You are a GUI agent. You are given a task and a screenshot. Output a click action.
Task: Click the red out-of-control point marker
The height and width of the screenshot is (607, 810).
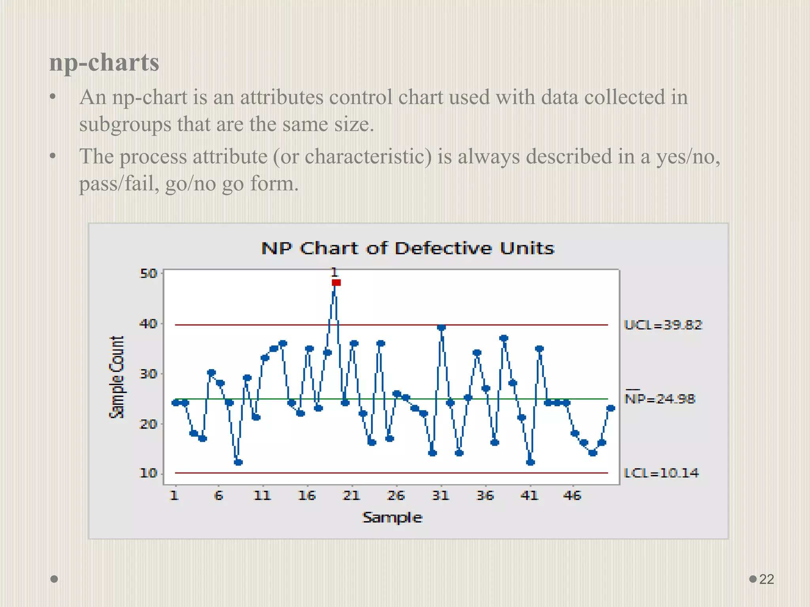(336, 283)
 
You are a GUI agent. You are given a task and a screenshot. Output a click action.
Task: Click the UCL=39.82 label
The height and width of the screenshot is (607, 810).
(663, 325)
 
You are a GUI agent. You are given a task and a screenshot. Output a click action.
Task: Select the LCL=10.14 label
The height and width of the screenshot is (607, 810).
(661, 473)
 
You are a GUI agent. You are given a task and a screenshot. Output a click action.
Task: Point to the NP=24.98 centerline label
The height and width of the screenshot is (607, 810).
(660, 399)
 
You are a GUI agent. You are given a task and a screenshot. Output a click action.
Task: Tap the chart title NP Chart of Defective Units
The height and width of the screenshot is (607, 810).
(408, 248)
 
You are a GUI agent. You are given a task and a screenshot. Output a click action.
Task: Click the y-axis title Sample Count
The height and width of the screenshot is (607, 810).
(117, 377)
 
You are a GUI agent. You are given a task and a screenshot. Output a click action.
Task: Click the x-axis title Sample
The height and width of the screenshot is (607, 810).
(392, 517)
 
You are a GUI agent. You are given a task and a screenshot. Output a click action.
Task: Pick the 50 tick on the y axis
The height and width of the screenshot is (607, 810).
(148, 273)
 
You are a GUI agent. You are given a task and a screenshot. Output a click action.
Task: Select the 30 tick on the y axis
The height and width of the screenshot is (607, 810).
(148, 374)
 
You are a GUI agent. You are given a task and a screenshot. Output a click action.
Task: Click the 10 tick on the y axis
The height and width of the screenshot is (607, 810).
(148, 473)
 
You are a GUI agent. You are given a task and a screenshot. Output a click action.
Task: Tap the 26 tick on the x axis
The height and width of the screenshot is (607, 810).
(396, 496)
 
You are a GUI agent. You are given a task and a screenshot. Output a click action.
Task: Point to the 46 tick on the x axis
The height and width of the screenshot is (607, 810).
(572, 496)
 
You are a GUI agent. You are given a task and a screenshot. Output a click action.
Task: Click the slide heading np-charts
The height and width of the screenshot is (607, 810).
(104, 62)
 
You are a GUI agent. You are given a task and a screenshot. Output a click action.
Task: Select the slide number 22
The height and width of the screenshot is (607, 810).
(766, 579)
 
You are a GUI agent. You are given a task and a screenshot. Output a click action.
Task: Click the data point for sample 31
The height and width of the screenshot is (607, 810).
(442, 327)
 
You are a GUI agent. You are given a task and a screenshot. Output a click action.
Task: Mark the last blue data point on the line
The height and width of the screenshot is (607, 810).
(611, 408)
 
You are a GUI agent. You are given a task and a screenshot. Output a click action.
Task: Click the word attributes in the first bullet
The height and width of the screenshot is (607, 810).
(282, 97)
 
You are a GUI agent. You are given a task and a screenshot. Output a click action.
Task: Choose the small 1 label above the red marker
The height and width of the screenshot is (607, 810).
(335, 272)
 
